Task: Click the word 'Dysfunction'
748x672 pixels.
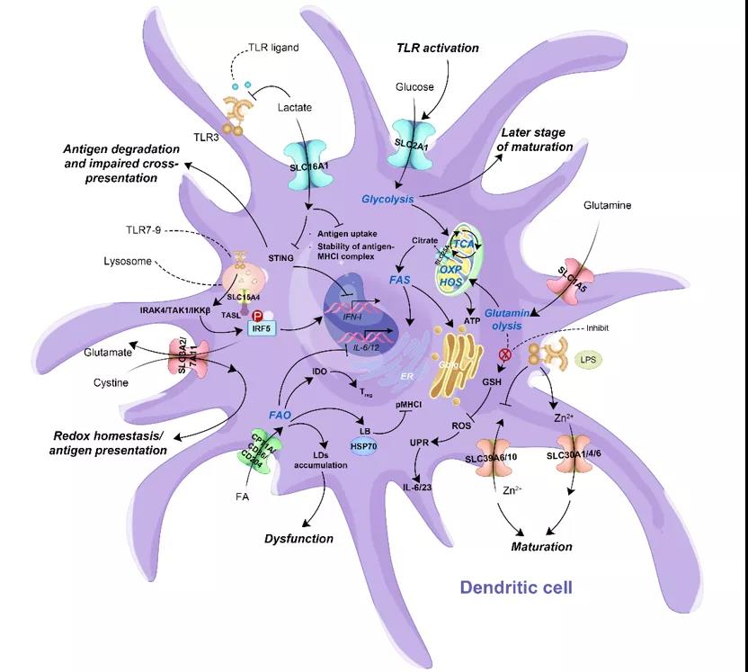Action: tap(298, 539)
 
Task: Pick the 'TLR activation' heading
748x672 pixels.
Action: tap(439, 47)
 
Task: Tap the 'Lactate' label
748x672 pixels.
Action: tap(294, 107)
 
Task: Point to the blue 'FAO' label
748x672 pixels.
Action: tap(280, 415)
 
